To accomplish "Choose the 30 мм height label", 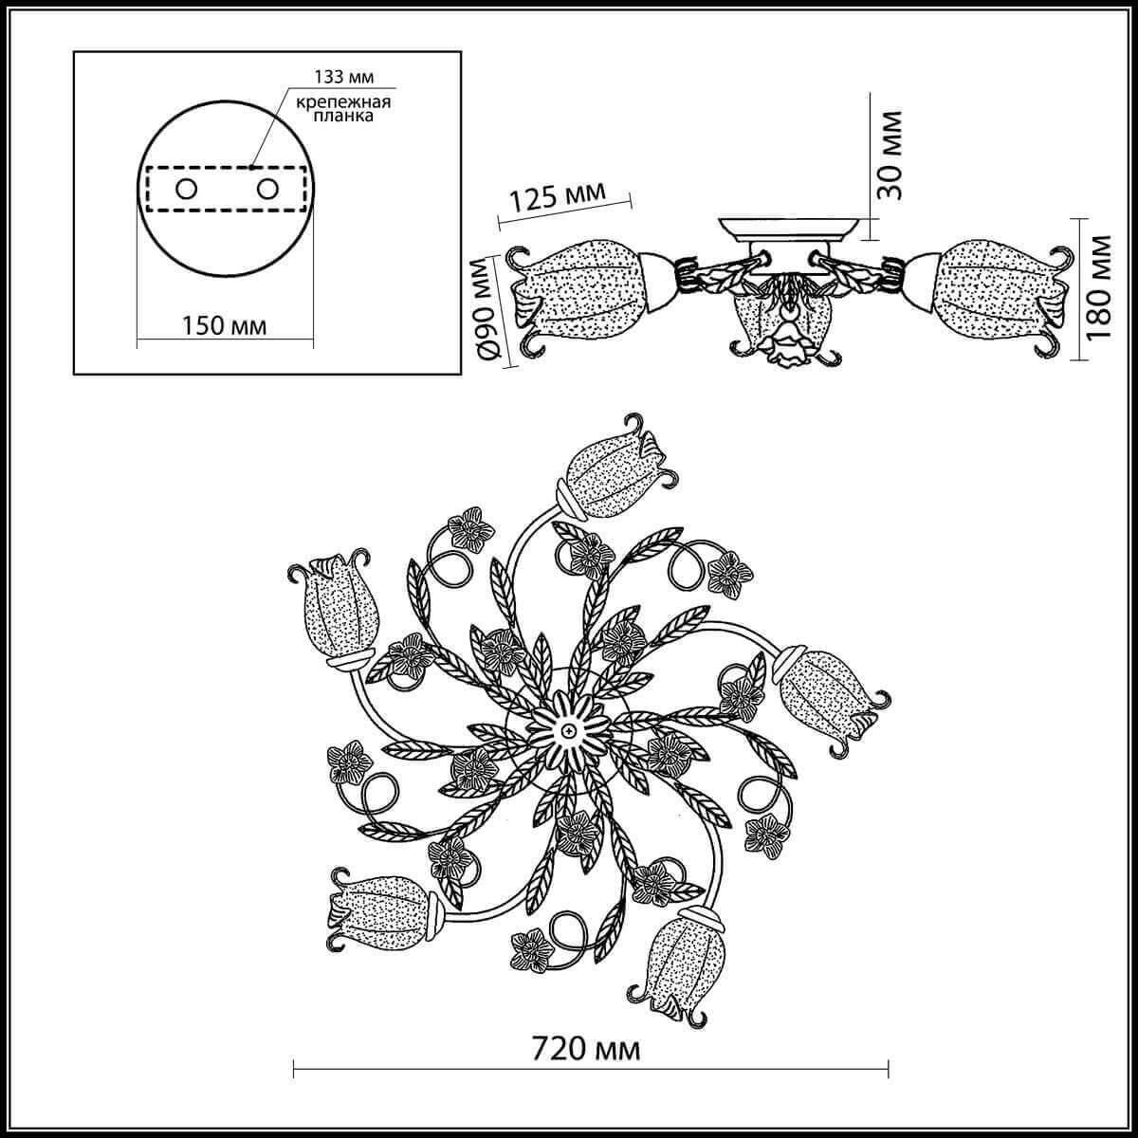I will [x=889, y=154].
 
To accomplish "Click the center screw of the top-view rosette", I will [x=566, y=731].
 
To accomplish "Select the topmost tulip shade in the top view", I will [x=607, y=473].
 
